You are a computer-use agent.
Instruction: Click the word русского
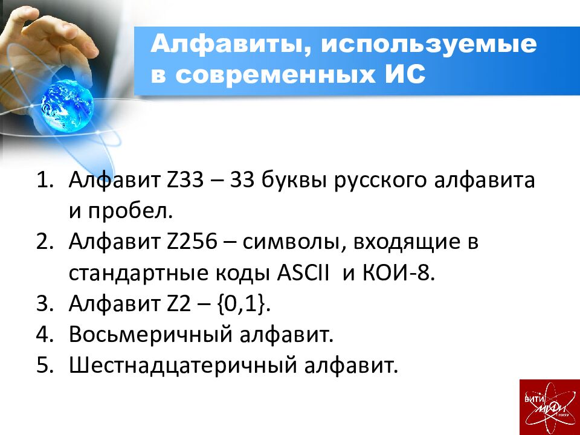click(382, 181)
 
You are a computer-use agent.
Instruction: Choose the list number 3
click(45, 303)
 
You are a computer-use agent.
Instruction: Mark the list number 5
click(45, 365)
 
